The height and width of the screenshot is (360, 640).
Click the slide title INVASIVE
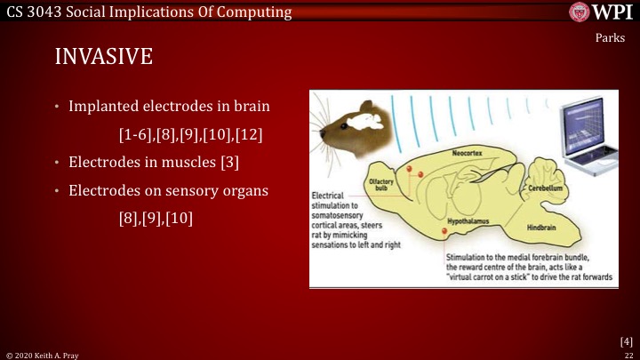click(x=104, y=56)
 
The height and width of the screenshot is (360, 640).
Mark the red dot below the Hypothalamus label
click(x=444, y=233)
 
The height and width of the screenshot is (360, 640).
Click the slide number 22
click(x=628, y=354)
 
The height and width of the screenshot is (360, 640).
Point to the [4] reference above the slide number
click(x=626, y=340)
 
